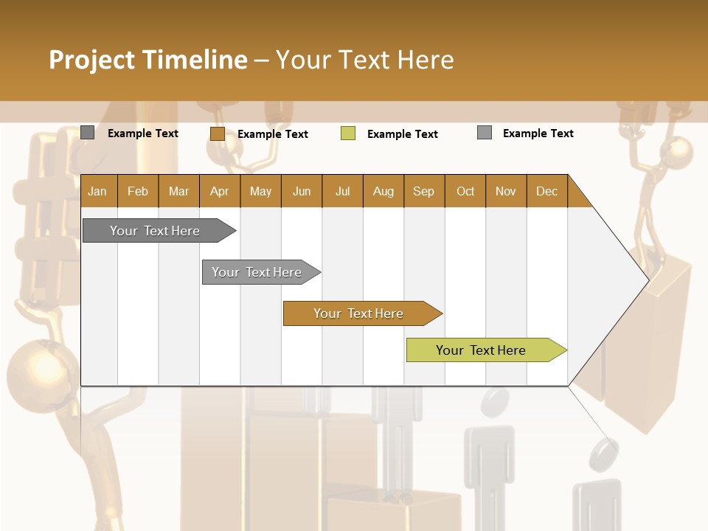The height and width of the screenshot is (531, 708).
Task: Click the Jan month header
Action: coord(97,191)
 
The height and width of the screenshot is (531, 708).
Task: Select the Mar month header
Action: coord(178,191)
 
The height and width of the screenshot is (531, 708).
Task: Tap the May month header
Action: coord(260,191)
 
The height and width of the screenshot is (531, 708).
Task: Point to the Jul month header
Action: coord(342,191)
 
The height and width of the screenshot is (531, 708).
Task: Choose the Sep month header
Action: coord(423,191)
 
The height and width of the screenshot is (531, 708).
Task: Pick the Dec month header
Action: coord(546,191)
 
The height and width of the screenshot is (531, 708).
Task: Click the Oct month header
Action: coord(465,191)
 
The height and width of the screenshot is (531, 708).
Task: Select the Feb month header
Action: coord(138,191)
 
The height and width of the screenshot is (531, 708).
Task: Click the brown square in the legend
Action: coord(217,133)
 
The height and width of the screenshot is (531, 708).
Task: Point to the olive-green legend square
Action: coord(348,133)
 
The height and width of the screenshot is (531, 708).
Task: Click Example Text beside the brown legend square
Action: coord(273,134)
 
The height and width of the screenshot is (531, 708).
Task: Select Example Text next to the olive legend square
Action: coord(403,134)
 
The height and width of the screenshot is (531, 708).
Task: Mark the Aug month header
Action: coord(383,191)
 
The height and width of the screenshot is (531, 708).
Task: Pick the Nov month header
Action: coord(505,191)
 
